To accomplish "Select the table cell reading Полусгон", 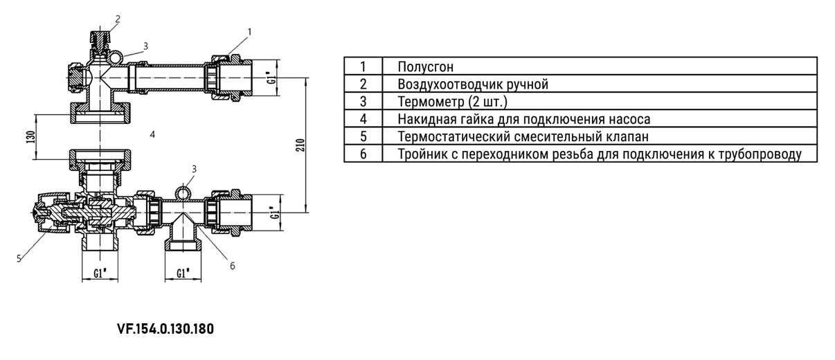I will [x=426, y=67].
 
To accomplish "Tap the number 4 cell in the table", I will [x=363, y=119].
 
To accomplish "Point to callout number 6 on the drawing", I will [x=232, y=264].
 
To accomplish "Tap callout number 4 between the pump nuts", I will [x=152, y=134].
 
